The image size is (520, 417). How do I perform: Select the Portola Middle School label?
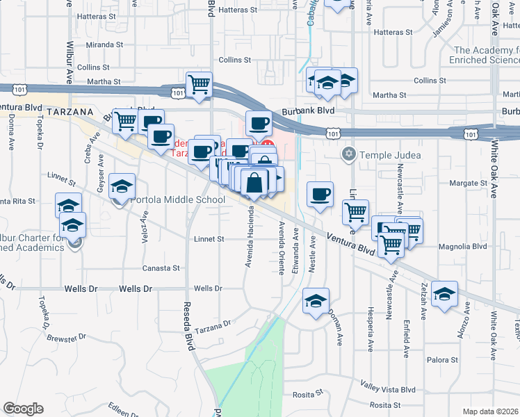click(178, 200)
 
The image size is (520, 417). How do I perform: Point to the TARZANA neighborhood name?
click(71, 111)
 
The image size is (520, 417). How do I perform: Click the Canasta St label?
click(161, 268)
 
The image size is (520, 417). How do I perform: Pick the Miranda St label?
click(104, 44)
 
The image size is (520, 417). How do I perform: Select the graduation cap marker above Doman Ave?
click(316, 301)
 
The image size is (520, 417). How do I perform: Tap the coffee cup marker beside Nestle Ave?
click(320, 195)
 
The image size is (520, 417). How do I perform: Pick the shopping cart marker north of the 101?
click(200, 84)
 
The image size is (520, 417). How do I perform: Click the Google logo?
click(24, 409)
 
